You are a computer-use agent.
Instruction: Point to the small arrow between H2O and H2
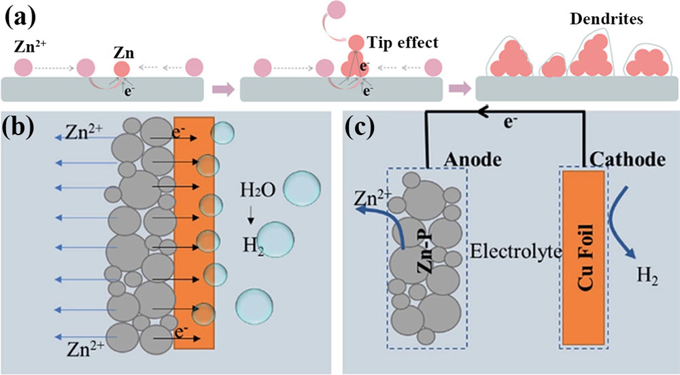[x=251, y=213]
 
